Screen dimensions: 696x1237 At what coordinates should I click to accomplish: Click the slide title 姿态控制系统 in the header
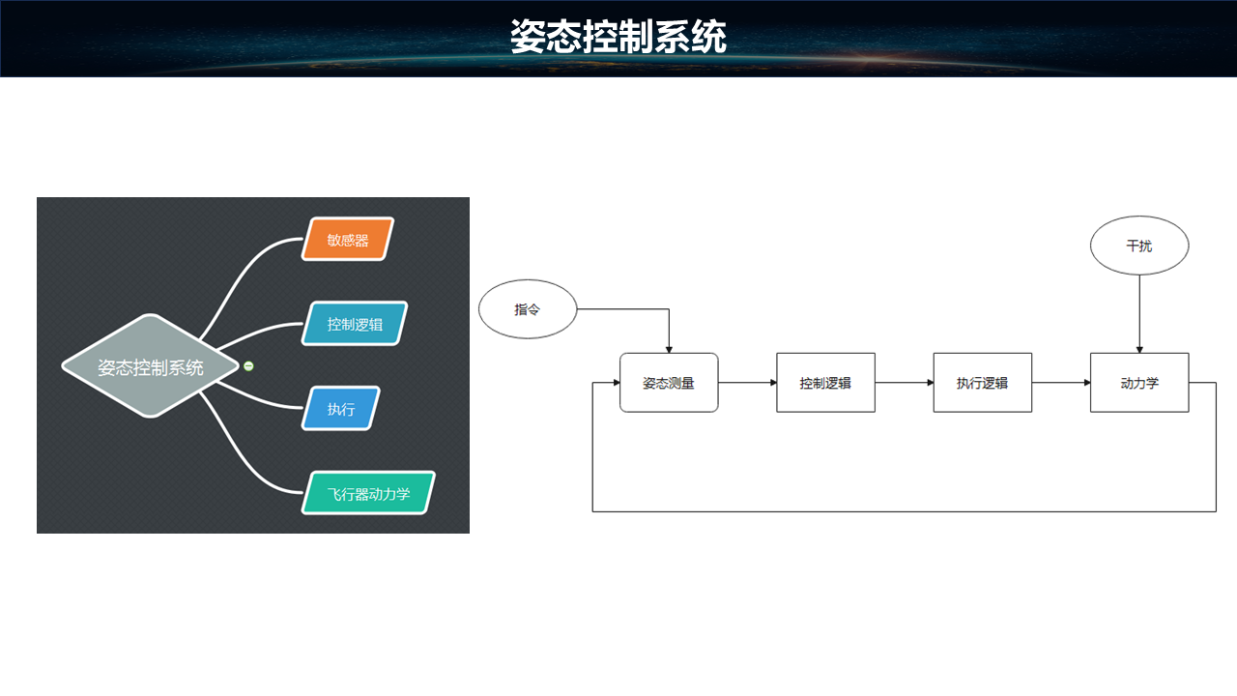[x=618, y=38]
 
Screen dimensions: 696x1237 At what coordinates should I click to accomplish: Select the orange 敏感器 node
[x=349, y=240]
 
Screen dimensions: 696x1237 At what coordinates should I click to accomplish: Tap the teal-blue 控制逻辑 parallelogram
[x=355, y=324]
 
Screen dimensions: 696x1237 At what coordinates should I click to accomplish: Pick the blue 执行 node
[x=341, y=409]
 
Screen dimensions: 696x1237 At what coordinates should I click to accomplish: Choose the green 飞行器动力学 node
[x=368, y=493]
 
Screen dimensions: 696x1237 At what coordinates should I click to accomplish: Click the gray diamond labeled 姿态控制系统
[x=150, y=366]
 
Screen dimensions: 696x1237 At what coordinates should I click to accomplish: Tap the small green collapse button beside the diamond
[x=248, y=365]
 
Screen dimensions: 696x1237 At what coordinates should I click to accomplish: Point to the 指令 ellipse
[x=528, y=310]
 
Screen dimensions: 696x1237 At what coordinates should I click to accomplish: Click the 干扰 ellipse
[x=1138, y=246]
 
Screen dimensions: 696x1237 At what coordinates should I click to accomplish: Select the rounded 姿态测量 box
[x=669, y=383]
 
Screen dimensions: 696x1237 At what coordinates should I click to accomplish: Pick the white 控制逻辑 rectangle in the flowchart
[x=825, y=383]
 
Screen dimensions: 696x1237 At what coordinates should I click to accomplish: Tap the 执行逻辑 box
[x=982, y=383]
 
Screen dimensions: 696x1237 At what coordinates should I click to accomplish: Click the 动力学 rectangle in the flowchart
[x=1138, y=383]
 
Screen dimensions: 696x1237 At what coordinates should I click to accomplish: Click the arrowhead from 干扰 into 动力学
[x=1139, y=348]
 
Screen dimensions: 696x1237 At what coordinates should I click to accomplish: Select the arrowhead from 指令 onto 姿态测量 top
[x=669, y=348]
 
